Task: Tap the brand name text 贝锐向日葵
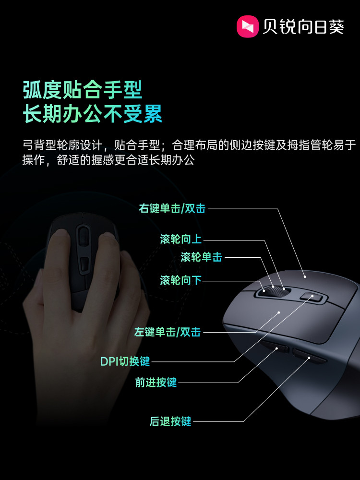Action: click(303, 27)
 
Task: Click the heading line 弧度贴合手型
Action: click(83, 89)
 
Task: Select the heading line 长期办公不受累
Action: click(93, 115)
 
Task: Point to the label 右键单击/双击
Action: click(172, 208)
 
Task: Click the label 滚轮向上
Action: click(180, 239)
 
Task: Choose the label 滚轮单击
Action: click(201, 257)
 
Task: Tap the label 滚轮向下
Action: click(180, 280)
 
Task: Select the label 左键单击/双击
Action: click(167, 332)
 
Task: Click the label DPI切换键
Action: click(125, 361)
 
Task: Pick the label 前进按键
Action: click(156, 382)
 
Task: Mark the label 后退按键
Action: click(170, 421)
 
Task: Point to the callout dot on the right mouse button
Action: click(305, 276)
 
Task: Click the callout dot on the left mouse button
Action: click(279, 312)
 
